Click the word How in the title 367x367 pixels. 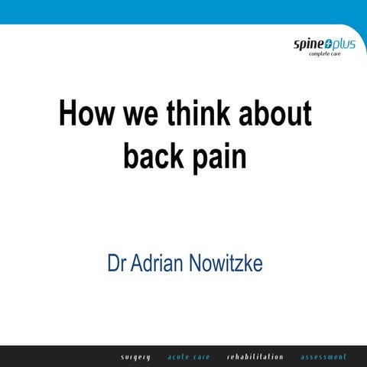pyautogui.click(x=85, y=115)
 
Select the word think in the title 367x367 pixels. pyautogui.click(x=200, y=115)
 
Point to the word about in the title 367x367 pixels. pyautogui.click(x=275, y=115)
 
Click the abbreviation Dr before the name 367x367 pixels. pyautogui.click(x=116, y=265)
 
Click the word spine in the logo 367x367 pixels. pyautogui.click(x=307, y=44)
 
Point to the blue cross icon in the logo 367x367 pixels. pyautogui.click(x=326, y=44)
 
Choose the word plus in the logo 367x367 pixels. pyautogui.click(x=343, y=44)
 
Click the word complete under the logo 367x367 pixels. pyautogui.click(x=323, y=55)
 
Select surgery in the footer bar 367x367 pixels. pyautogui.click(x=136, y=357)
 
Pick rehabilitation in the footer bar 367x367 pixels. pyautogui.click(x=255, y=357)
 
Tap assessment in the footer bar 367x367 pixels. pyautogui.click(x=323, y=357)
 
